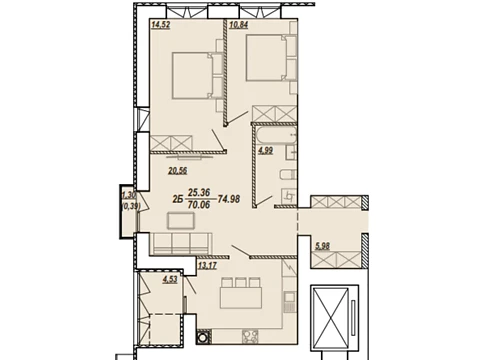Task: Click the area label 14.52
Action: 161,25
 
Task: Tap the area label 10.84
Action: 239,25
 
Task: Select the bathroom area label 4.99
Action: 266,150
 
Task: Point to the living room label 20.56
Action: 178,171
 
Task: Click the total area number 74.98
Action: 229,199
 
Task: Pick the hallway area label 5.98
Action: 322,246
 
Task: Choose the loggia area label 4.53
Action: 170,279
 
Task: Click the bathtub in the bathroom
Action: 275,135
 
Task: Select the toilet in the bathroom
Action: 288,174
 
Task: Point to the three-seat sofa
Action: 182,243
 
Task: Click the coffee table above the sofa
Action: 181,221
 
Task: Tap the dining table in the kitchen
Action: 241,298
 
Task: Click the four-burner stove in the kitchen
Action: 250,336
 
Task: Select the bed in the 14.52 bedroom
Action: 193,76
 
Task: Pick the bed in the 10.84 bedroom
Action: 266,58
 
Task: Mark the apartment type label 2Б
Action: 178,199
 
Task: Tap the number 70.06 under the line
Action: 199,204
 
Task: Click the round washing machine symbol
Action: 203,337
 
